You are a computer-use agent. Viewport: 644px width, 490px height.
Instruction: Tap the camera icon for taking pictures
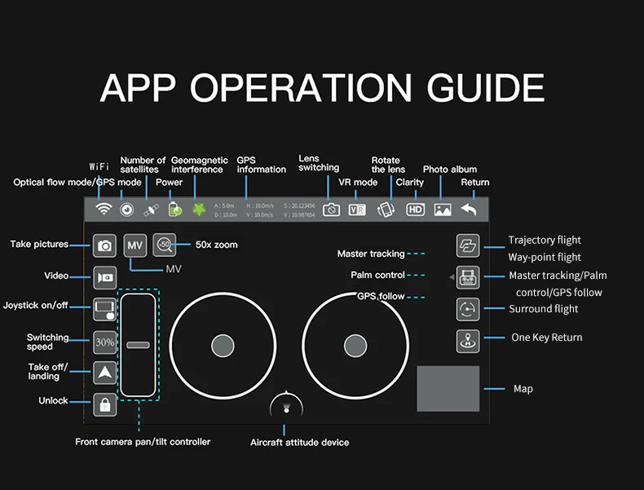(x=105, y=245)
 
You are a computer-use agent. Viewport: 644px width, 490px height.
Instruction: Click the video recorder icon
(x=105, y=276)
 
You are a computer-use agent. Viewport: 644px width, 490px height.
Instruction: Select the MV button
(x=135, y=245)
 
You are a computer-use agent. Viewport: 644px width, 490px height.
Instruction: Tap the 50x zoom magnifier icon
(x=164, y=245)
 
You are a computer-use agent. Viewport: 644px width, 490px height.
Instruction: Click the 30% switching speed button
(x=105, y=342)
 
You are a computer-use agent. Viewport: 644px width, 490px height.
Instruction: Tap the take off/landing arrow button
(x=105, y=373)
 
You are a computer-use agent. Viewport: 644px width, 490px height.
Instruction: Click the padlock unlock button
(x=105, y=404)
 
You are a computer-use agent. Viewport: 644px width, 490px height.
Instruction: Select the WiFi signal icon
(x=104, y=209)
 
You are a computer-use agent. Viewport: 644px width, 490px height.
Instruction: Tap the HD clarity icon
(x=416, y=209)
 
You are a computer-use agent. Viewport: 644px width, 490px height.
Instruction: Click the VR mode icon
(x=357, y=210)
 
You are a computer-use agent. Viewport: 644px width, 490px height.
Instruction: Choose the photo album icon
(x=443, y=209)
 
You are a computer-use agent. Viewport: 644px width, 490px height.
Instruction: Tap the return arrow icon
(x=469, y=209)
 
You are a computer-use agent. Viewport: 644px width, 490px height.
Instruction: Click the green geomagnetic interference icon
(x=198, y=209)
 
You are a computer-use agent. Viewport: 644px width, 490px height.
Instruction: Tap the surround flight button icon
(x=468, y=309)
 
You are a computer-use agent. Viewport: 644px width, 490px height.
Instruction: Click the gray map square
(x=448, y=388)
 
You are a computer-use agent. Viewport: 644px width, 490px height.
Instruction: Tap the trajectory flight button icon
(x=468, y=245)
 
